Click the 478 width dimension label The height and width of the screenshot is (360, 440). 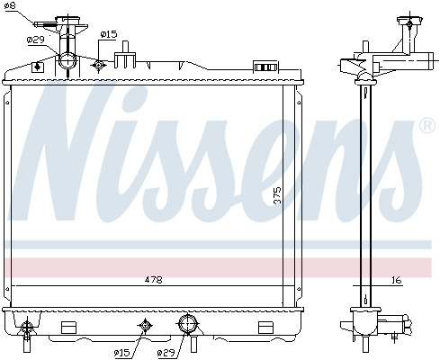point(153,280)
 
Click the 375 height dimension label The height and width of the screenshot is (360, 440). point(278,195)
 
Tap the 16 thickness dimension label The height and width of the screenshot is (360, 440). point(396,280)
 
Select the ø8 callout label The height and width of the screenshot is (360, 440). point(10,5)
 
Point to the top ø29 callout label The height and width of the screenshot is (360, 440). point(35,40)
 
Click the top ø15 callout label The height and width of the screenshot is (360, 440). point(109,34)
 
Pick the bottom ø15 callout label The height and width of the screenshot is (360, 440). point(122,353)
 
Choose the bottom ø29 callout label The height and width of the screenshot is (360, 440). point(166,353)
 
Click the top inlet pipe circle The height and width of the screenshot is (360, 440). point(67,60)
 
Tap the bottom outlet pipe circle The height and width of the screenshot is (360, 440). point(188,324)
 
